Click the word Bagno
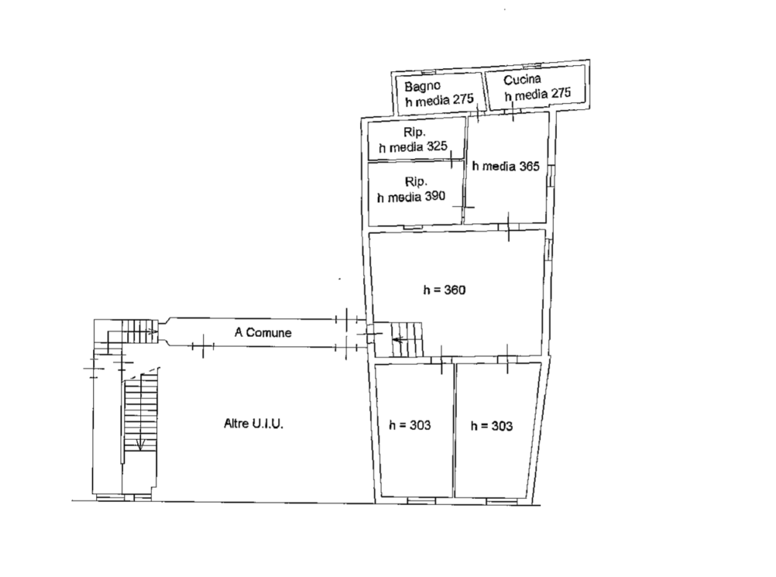click(x=422, y=86)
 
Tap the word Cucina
click(x=522, y=79)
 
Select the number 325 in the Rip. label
click(x=437, y=146)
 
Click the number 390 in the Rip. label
click(x=435, y=196)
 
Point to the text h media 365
click(x=505, y=166)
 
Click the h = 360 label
click(x=444, y=290)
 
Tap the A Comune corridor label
click(x=263, y=332)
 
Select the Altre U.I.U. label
click(x=253, y=424)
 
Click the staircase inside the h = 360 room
click(x=407, y=338)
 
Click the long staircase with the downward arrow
click(x=141, y=413)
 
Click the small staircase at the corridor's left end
click(x=139, y=331)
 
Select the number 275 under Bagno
click(x=463, y=99)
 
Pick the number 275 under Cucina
click(x=560, y=93)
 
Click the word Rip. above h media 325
click(x=415, y=133)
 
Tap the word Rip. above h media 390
click(x=416, y=182)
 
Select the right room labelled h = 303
click(x=497, y=431)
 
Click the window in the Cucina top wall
click(x=531, y=66)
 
